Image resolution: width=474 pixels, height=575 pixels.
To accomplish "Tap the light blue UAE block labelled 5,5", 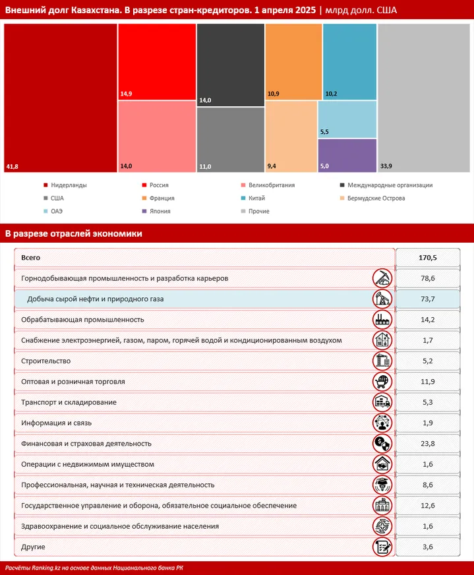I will click(347, 119).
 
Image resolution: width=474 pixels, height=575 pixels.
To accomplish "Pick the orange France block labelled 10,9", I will click(293, 62).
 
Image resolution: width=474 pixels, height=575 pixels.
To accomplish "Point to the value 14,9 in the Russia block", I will click(126, 94).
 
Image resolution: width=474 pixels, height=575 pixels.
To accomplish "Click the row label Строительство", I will click(46, 361).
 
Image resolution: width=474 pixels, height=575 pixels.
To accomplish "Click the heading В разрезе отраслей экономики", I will click(73, 233).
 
